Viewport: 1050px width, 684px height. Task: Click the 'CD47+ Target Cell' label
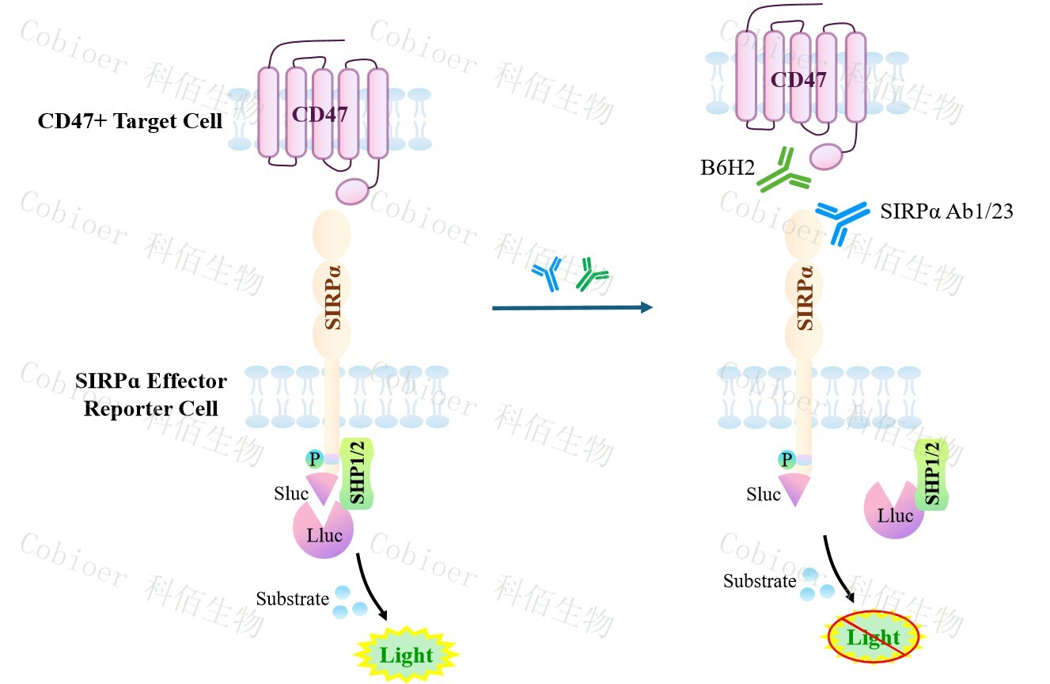coord(130,122)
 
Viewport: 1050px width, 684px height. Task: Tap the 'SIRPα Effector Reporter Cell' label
coord(151,395)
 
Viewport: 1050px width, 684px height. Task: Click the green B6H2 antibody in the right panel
coord(783,170)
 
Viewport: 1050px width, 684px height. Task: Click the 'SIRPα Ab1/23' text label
coord(946,211)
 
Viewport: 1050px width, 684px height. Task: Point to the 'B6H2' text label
coord(722,169)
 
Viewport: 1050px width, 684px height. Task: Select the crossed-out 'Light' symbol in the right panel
coord(874,638)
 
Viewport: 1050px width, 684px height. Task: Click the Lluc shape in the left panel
coord(323,533)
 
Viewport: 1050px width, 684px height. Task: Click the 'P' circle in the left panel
coord(313,459)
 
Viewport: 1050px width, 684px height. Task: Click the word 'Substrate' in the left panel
coord(292,599)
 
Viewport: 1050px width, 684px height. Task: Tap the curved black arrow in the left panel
coord(373,586)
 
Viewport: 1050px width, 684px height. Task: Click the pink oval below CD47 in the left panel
coord(353,191)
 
